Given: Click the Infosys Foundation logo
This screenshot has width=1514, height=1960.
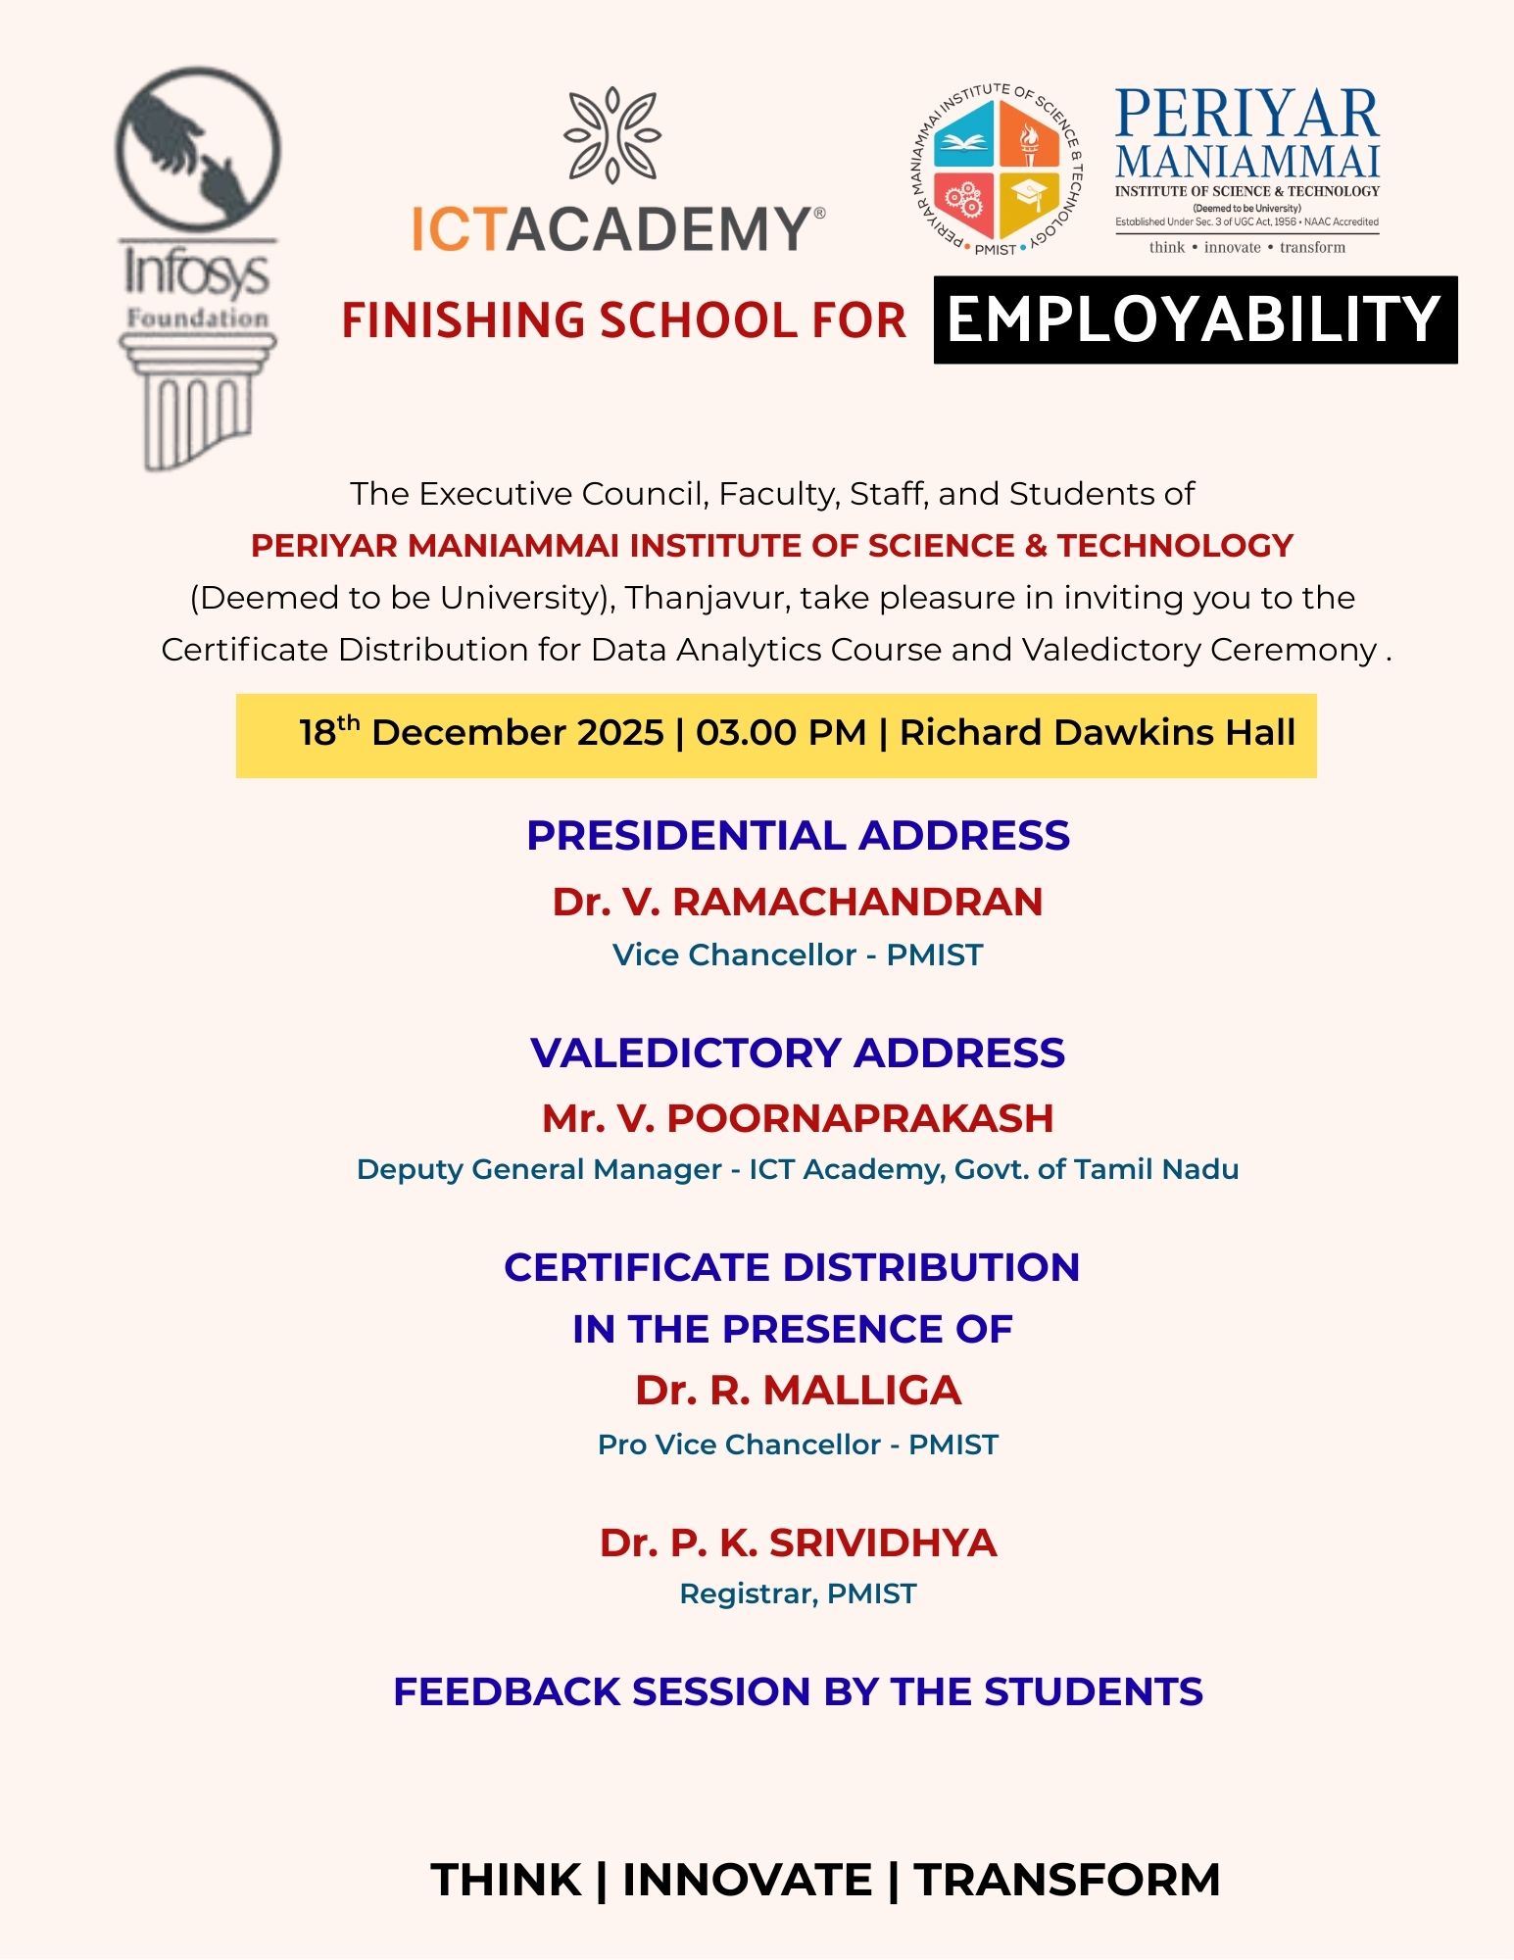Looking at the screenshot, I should (x=197, y=268).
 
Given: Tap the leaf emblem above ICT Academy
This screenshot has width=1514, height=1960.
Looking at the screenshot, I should (x=612, y=134).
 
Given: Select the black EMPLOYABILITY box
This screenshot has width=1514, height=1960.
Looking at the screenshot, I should (x=1195, y=320).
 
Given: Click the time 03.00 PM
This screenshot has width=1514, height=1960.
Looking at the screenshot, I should (x=781, y=733).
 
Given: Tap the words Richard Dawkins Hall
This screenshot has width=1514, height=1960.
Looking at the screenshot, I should (x=1098, y=733).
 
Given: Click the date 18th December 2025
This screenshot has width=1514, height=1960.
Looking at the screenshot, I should (x=481, y=733).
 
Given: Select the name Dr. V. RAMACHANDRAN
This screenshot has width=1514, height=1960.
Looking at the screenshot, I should (x=798, y=902).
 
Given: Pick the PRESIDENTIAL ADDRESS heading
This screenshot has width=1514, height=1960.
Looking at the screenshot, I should (x=798, y=836).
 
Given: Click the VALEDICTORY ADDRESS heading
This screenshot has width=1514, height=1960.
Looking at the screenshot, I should (x=798, y=1053).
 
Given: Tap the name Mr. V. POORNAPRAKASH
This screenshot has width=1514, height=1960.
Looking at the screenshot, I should (x=798, y=1118).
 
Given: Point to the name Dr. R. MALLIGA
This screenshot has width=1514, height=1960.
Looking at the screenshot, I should (x=798, y=1391).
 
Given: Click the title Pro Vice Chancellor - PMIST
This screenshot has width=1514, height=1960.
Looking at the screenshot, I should (x=798, y=1445).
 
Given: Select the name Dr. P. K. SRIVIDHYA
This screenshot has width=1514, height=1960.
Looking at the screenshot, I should (x=798, y=1543).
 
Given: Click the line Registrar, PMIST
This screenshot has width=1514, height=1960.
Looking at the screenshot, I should (x=798, y=1594).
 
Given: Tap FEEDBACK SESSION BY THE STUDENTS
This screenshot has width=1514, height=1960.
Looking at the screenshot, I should (x=798, y=1692).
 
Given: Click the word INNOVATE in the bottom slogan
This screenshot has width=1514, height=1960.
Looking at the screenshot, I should (x=747, y=1880).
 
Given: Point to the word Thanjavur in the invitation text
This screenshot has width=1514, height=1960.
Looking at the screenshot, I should (x=707, y=598).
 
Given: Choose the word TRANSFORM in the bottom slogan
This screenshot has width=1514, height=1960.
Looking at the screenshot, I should (x=1066, y=1880).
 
